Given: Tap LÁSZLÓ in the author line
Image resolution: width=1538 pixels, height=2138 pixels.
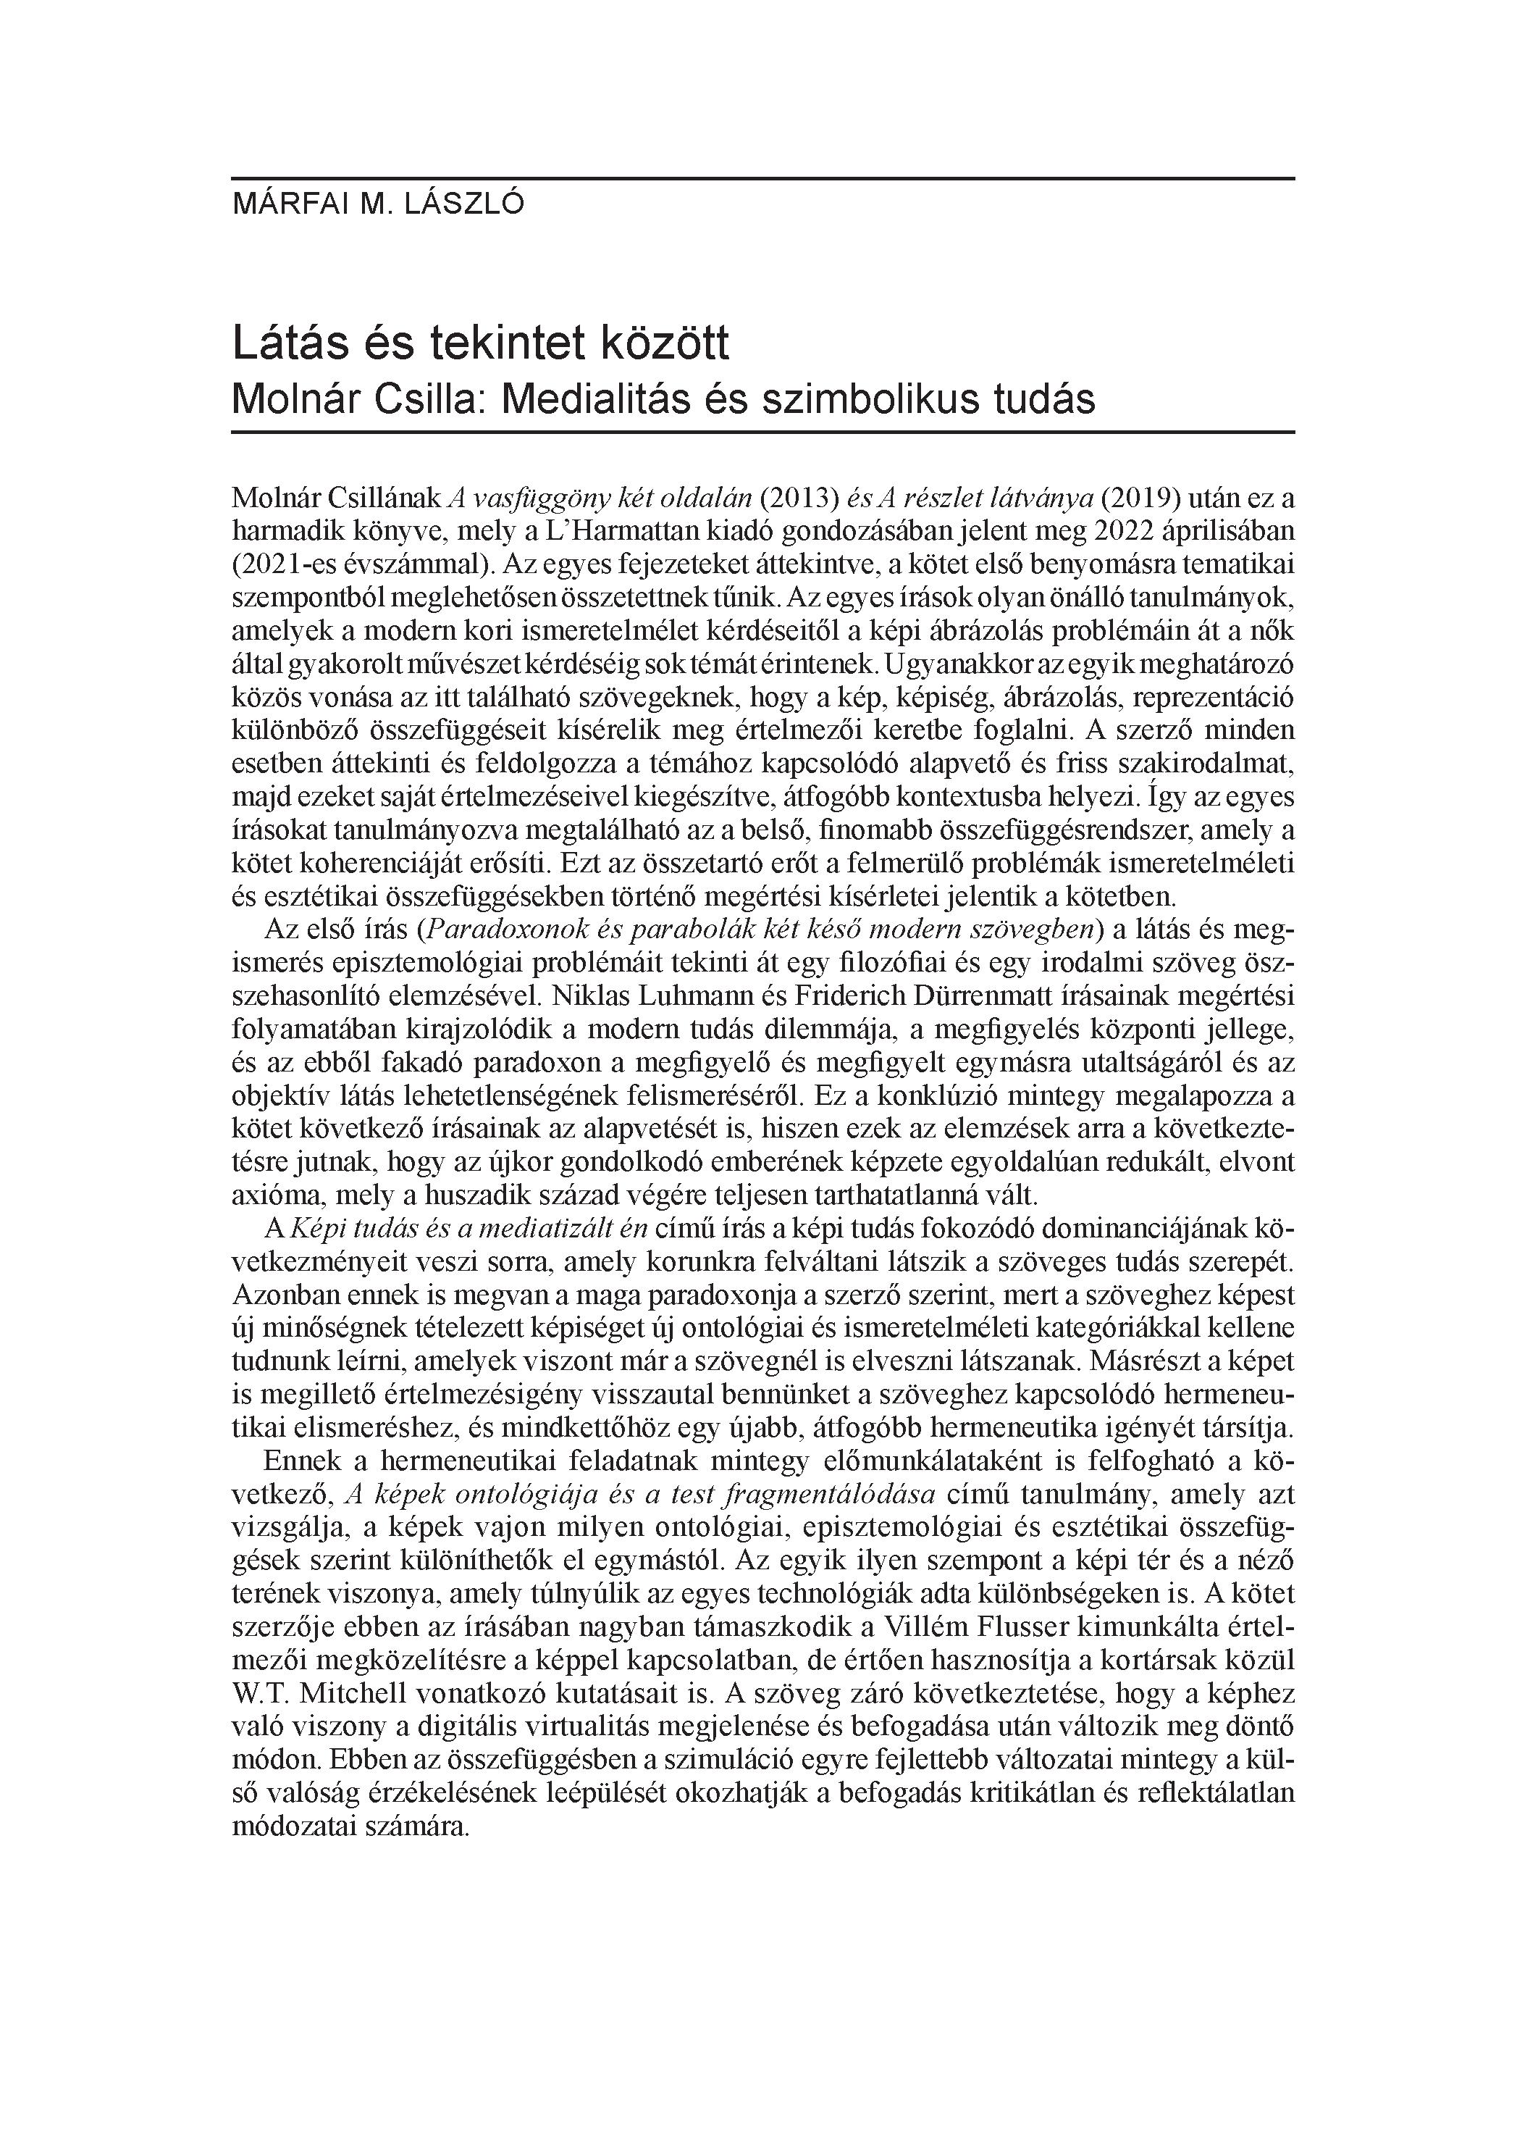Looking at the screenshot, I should tap(463, 204).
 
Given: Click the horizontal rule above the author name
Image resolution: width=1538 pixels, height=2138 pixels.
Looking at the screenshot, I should tap(763, 178).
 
